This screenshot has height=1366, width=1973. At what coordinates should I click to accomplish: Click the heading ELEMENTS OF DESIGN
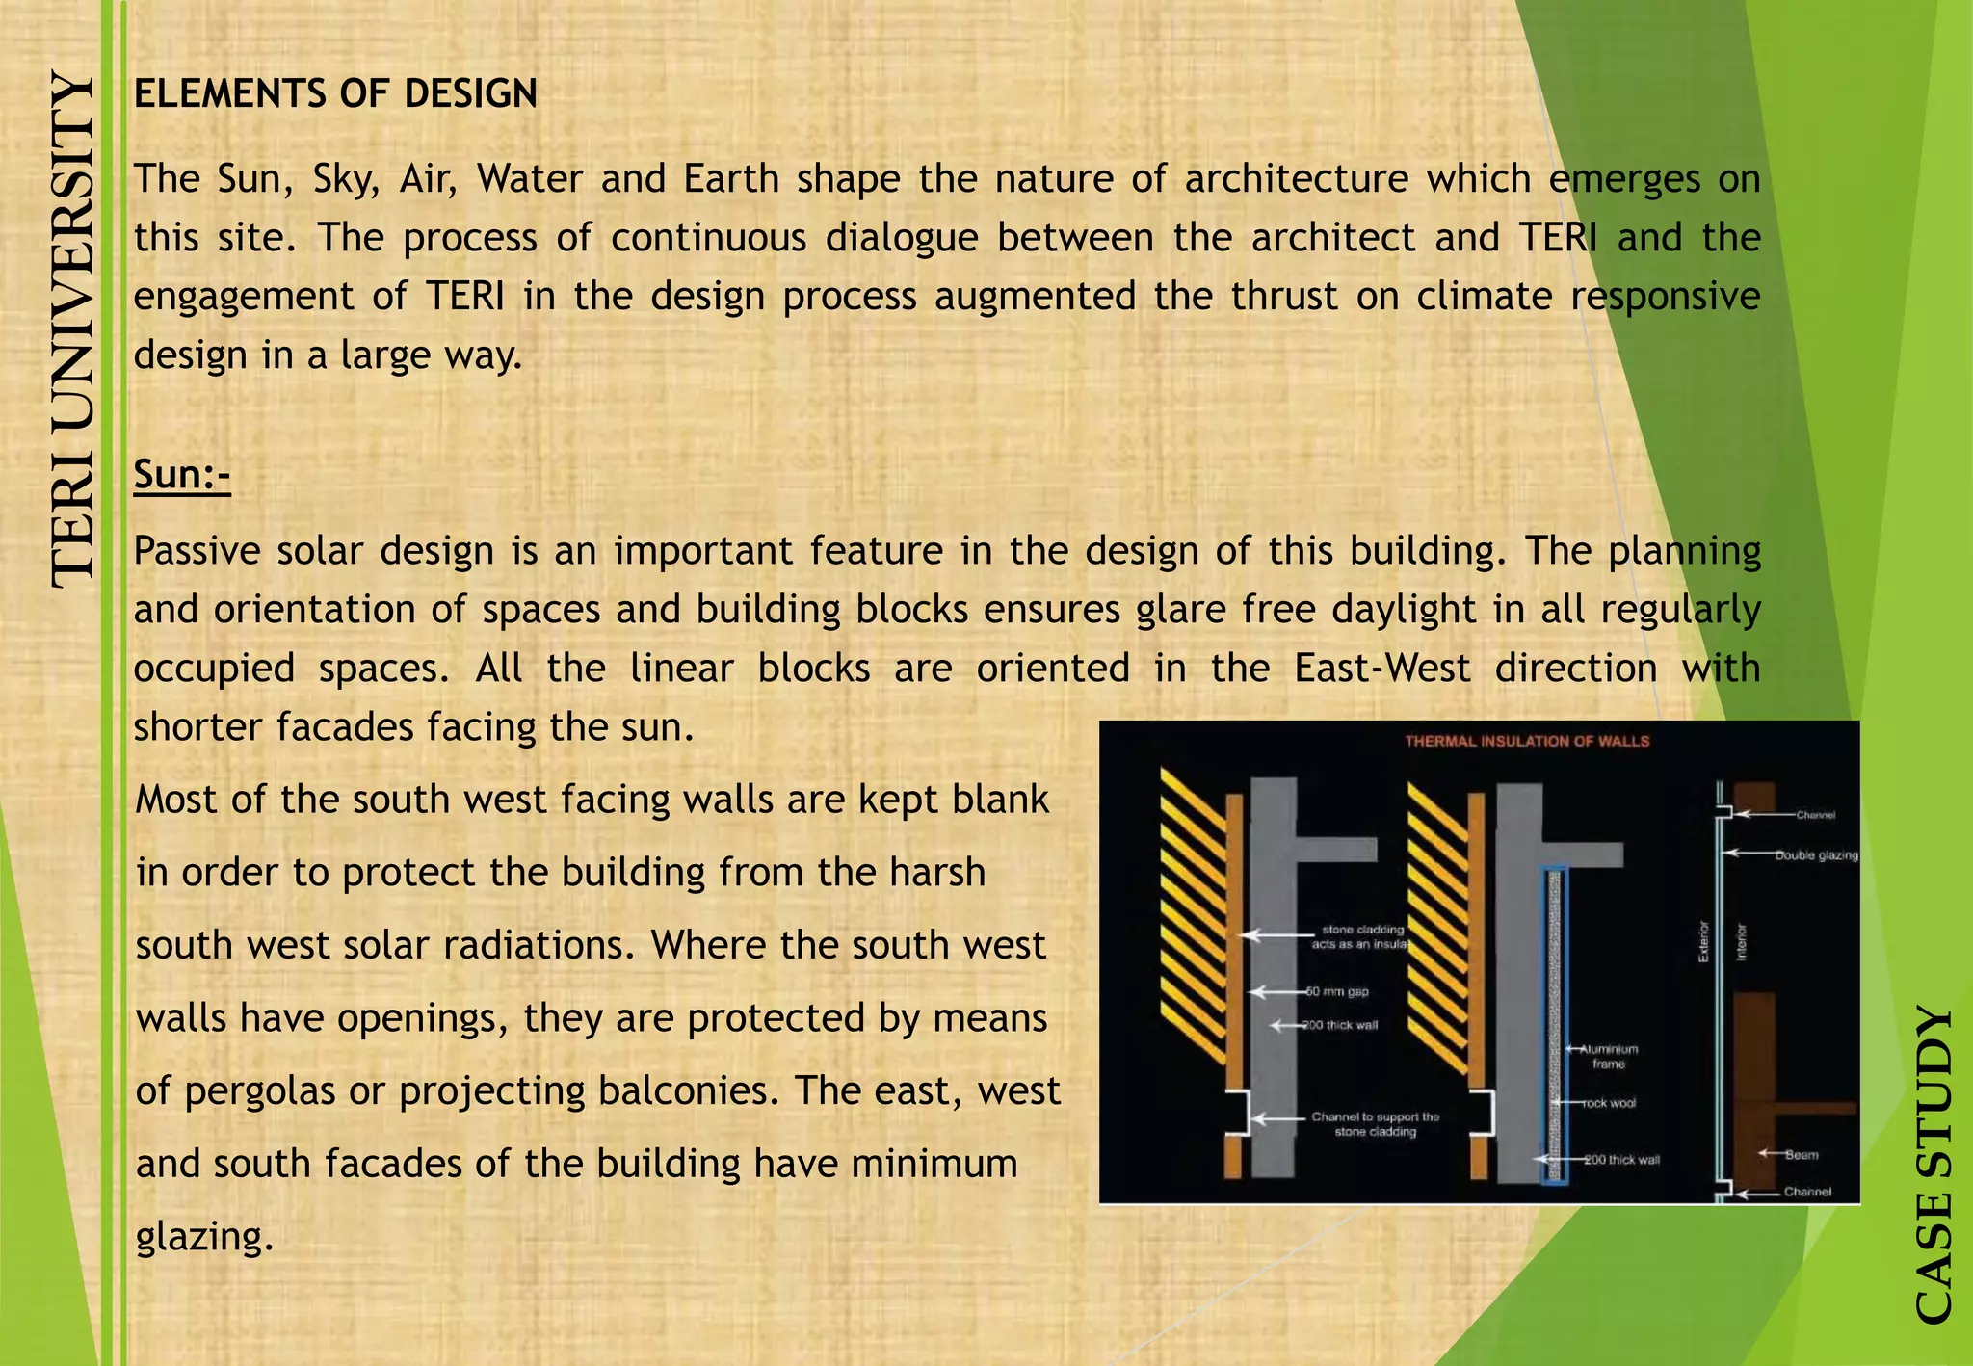(335, 94)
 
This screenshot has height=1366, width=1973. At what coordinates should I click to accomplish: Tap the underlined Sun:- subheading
(182, 475)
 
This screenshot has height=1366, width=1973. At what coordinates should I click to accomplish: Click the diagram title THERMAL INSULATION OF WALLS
(1527, 741)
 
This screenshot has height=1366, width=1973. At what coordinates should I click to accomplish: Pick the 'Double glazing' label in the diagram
(1817, 854)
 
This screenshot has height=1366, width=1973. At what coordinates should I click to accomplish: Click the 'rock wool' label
(1610, 1103)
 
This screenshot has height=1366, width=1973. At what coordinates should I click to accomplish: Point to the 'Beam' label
(1802, 1154)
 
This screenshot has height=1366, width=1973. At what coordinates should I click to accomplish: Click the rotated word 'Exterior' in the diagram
(1702, 941)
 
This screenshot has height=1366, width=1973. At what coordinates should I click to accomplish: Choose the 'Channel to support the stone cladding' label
(1375, 1124)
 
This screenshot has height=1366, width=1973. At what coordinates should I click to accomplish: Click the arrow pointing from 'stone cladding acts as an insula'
(1271, 934)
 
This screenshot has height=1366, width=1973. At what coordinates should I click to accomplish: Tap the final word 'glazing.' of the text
(204, 1236)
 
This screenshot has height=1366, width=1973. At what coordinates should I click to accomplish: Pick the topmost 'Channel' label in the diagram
(1815, 815)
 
